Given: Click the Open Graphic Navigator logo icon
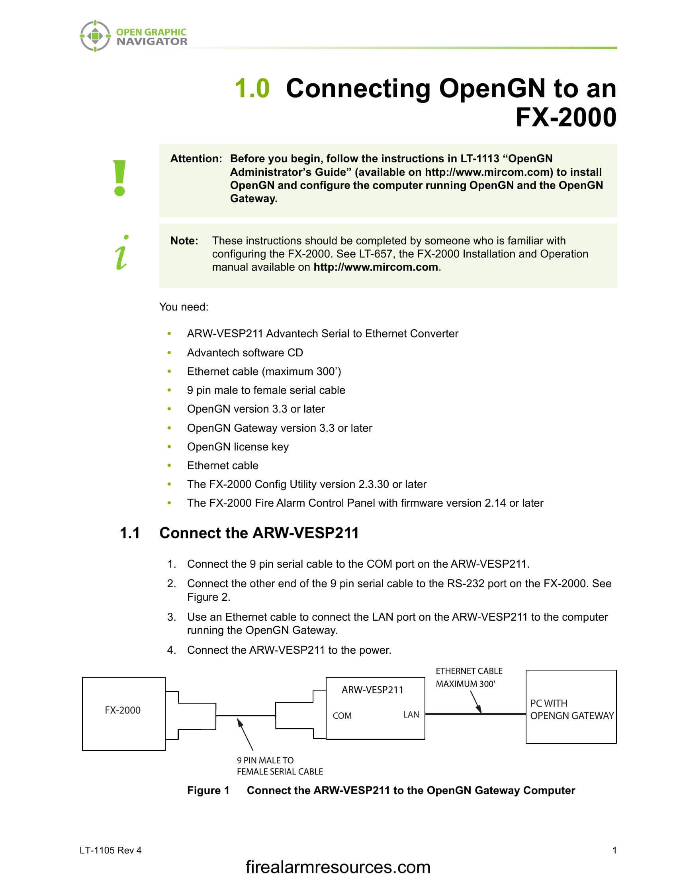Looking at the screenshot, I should point(95,36).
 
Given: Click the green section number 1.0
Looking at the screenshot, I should point(252,88).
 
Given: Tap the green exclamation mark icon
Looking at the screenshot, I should point(119,178).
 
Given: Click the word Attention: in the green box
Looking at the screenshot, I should point(196,159).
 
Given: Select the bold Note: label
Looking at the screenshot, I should point(184,240).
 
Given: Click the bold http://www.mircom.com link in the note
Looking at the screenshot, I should point(376,267).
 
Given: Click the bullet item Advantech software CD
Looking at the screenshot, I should point(245,352).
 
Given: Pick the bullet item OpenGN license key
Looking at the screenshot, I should point(237,446).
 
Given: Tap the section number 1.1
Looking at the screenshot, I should point(130,533).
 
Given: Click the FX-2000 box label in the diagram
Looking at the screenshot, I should point(123,710).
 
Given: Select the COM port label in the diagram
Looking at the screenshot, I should point(342,716).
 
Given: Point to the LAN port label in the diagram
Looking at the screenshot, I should point(411,714).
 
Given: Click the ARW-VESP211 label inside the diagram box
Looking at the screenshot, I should point(372,690).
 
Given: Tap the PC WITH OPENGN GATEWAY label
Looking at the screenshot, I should point(571,710).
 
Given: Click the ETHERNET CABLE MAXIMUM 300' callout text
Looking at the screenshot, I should point(469,677).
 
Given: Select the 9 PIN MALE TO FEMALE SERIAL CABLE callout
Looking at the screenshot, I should point(280,766).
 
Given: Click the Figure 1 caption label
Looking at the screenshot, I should point(208,790).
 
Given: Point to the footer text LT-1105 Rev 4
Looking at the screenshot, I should point(111,850).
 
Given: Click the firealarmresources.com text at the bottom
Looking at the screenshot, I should point(338,867).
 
